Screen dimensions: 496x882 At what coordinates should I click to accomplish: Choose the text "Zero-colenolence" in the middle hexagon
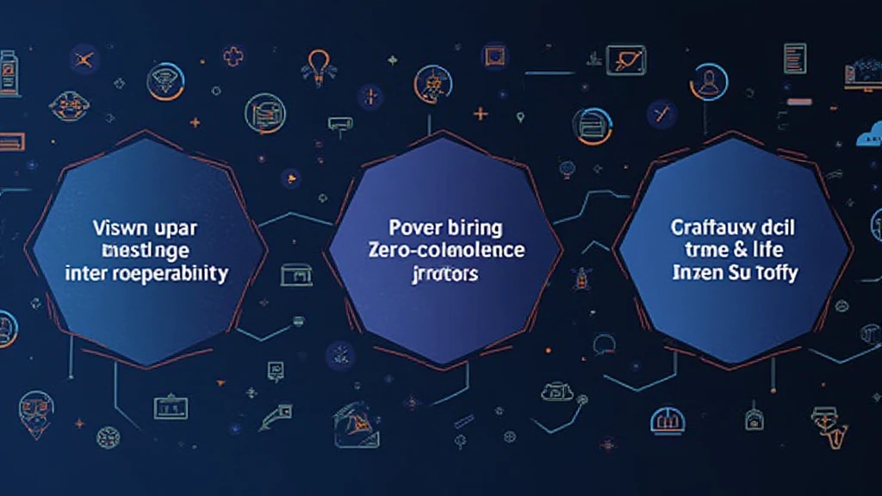click(445, 251)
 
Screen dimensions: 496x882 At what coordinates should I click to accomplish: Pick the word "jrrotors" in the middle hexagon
click(445, 275)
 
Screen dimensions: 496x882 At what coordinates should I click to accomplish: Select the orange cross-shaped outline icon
click(233, 57)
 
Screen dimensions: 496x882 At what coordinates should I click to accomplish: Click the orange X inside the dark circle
click(84, 59)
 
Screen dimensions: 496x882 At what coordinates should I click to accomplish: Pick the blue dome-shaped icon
click(664, 420)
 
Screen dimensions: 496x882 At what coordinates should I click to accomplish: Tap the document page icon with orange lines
click(794, 58)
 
